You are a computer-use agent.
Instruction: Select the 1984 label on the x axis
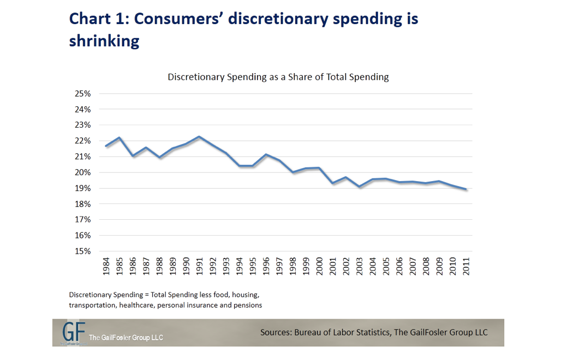point(106,266)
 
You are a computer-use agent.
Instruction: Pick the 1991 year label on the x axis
point(199,266)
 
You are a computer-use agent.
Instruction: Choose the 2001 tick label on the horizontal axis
point(333,266)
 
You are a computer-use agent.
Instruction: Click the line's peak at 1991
point(199,137)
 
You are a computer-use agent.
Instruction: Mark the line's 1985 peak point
point(119,137)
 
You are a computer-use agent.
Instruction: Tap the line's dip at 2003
point(360,187)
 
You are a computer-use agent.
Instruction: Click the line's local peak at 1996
point(266,154)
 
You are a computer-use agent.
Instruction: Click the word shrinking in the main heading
point(104,41)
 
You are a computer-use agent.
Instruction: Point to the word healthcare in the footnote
point(135,305)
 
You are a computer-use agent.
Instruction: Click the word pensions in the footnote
point(248,305)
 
